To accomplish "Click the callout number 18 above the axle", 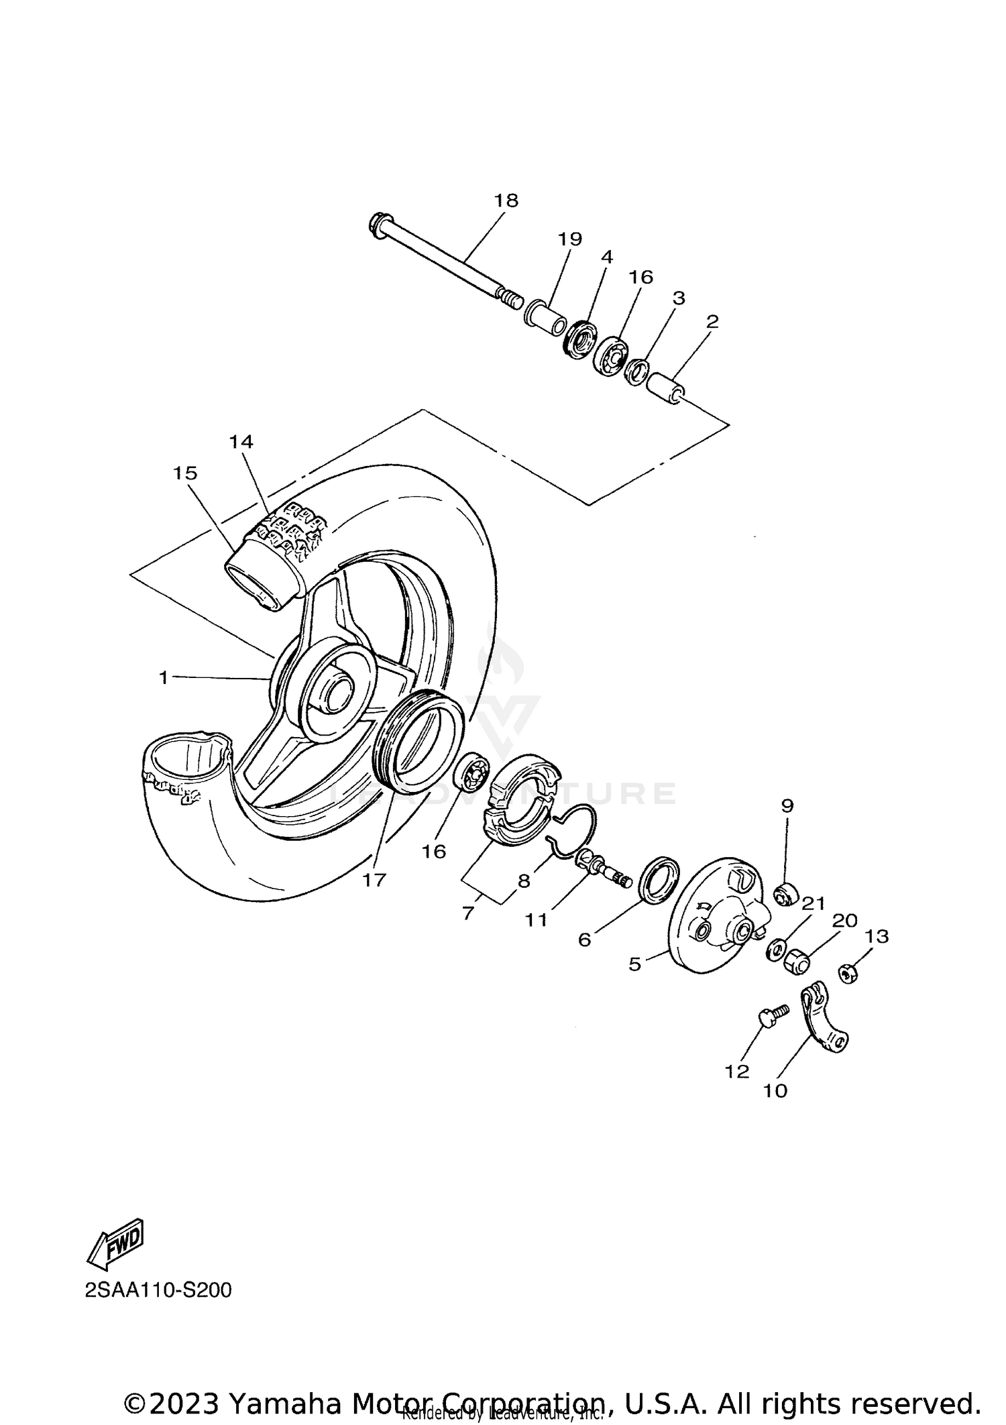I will pos(506,201).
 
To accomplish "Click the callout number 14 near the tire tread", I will pos(241,441).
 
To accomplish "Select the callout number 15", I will pos(185,473).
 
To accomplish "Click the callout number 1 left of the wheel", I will pos(163,678).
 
